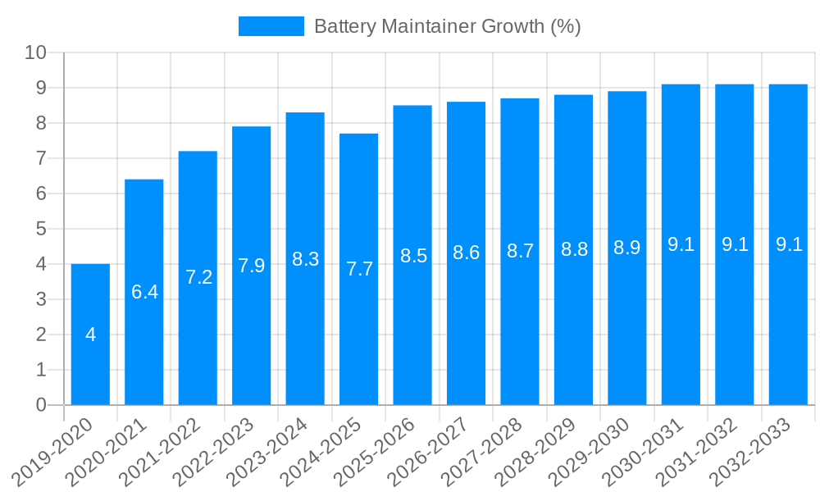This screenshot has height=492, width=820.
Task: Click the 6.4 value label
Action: (x=144, y=291)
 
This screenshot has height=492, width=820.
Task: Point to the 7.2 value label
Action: (x=198, y=277)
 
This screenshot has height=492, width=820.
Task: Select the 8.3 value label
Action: (x=305, y=259)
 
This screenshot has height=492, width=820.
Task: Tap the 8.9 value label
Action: (x=627, y=248)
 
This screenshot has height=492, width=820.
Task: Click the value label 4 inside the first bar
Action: (x=90, y=335)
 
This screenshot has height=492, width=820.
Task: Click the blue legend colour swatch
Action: (x=271, y=26)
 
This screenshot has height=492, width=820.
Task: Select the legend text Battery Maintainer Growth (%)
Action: (x=447, y=26)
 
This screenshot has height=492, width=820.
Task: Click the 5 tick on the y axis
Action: (x=41, y=229)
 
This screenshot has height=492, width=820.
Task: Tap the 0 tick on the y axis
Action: (x=41, y=405)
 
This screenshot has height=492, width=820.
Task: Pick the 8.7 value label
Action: (x=520, y=252)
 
